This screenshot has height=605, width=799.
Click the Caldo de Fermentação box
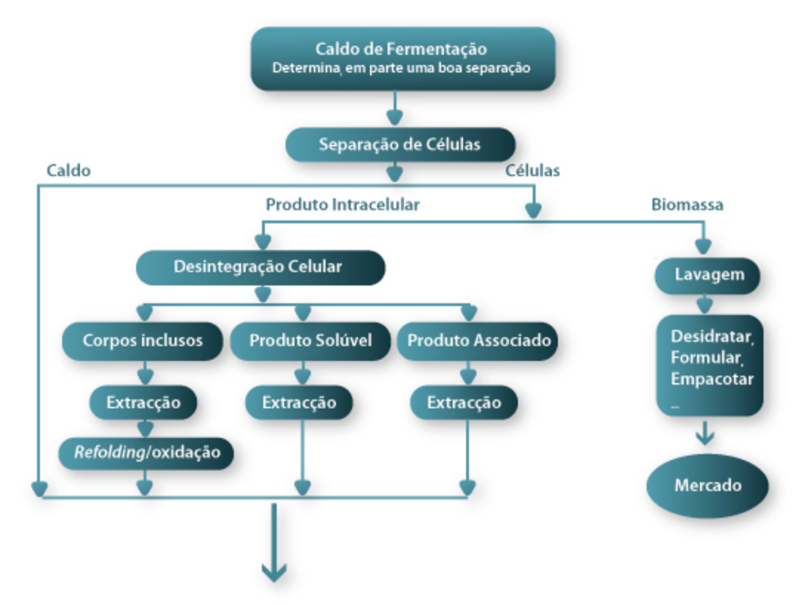[402, 58]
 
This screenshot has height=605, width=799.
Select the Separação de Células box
[399, 144]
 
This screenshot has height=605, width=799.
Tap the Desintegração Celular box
[260, 267]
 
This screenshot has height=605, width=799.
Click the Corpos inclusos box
[142, 341]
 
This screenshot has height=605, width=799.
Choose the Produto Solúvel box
[310, 341]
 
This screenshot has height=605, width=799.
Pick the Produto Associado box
[479, 341]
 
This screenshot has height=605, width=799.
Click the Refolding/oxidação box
[146, 452]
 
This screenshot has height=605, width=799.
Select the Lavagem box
[707, 275]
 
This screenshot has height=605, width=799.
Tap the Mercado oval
[707, 486]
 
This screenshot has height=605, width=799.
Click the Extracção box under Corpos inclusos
[143, 403]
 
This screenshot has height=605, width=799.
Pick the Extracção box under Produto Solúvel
[299, 403]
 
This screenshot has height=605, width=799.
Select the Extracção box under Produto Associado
[464, 403]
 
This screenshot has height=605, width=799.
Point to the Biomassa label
[687, 205]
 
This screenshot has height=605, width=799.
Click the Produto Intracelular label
[343, 205]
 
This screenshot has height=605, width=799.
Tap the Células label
[533, 171]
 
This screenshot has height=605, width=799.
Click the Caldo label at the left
[68, 171]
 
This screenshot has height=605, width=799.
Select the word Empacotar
[712, 379]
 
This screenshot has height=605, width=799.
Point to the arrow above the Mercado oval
[704, 433]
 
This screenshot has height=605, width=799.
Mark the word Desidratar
[712, 336]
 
